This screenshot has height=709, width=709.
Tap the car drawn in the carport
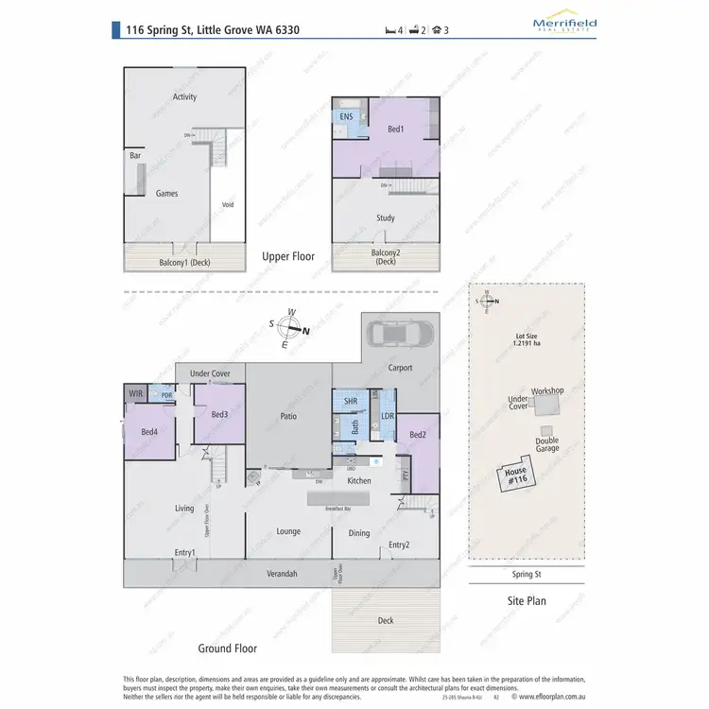coord(401,334)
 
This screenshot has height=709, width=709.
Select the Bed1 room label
coord(395,130)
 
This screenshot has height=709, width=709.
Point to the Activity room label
coord(184,96)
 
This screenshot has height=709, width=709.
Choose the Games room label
coord(166,194)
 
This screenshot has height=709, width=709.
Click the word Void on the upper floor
coord(227,205)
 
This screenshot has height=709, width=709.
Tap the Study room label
coord(385,217)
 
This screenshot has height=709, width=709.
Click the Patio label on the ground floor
coord(289,414)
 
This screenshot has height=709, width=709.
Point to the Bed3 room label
coord(218,415)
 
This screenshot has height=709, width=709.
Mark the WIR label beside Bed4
coord(133,393)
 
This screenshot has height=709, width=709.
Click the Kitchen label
coord(359,481)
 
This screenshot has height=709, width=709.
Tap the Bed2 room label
coord(418,435)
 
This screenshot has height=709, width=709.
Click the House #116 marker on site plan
coord(515,476)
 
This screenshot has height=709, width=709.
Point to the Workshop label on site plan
coord(546,390)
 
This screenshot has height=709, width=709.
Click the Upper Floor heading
coord(288,256)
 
